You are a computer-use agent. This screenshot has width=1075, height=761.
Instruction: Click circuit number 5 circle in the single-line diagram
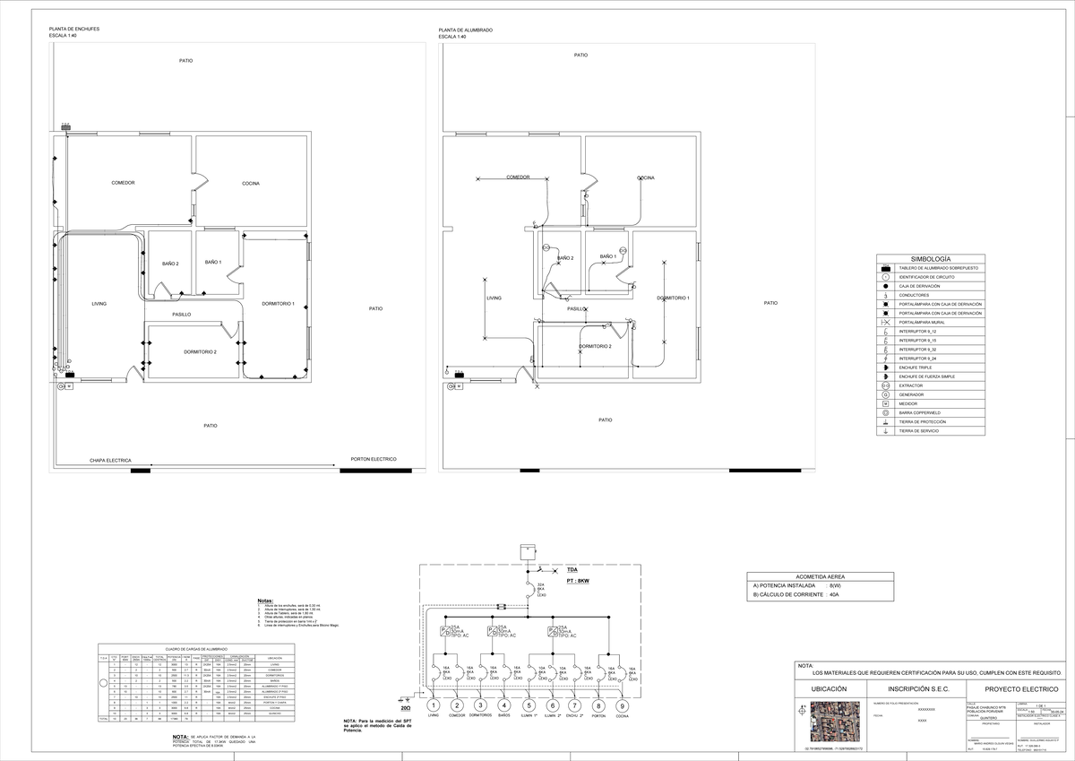pos(529,705)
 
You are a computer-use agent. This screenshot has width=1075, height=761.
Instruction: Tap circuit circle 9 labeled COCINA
pos(622,705)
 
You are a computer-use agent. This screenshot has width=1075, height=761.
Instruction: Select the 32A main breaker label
pos(540,584)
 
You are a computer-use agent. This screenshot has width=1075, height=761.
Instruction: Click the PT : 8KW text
pos(578,581)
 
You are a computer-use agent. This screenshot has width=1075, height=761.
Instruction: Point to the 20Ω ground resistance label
pos(406,707)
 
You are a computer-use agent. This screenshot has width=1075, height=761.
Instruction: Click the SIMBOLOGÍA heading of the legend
pos(930,258)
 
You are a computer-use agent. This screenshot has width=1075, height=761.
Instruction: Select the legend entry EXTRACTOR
pos(911,385)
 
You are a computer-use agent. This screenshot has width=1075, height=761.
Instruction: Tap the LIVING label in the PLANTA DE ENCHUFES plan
pos(99,304)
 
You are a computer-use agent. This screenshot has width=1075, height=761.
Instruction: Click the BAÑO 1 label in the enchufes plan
pos(213,262)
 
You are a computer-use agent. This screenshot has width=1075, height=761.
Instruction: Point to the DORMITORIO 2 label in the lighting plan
pos(595,346)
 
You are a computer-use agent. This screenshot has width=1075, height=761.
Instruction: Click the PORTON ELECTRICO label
pos(374,459)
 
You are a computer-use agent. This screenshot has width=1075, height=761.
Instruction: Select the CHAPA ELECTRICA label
pos(110,460)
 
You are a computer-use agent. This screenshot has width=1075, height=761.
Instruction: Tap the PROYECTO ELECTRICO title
pos(1020,688)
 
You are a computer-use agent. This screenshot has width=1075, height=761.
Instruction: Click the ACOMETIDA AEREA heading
pos(820,576)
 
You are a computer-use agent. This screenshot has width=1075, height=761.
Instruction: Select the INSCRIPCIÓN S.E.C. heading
pos(916,688)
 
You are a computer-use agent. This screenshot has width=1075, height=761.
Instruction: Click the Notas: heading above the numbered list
pos(265,601)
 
